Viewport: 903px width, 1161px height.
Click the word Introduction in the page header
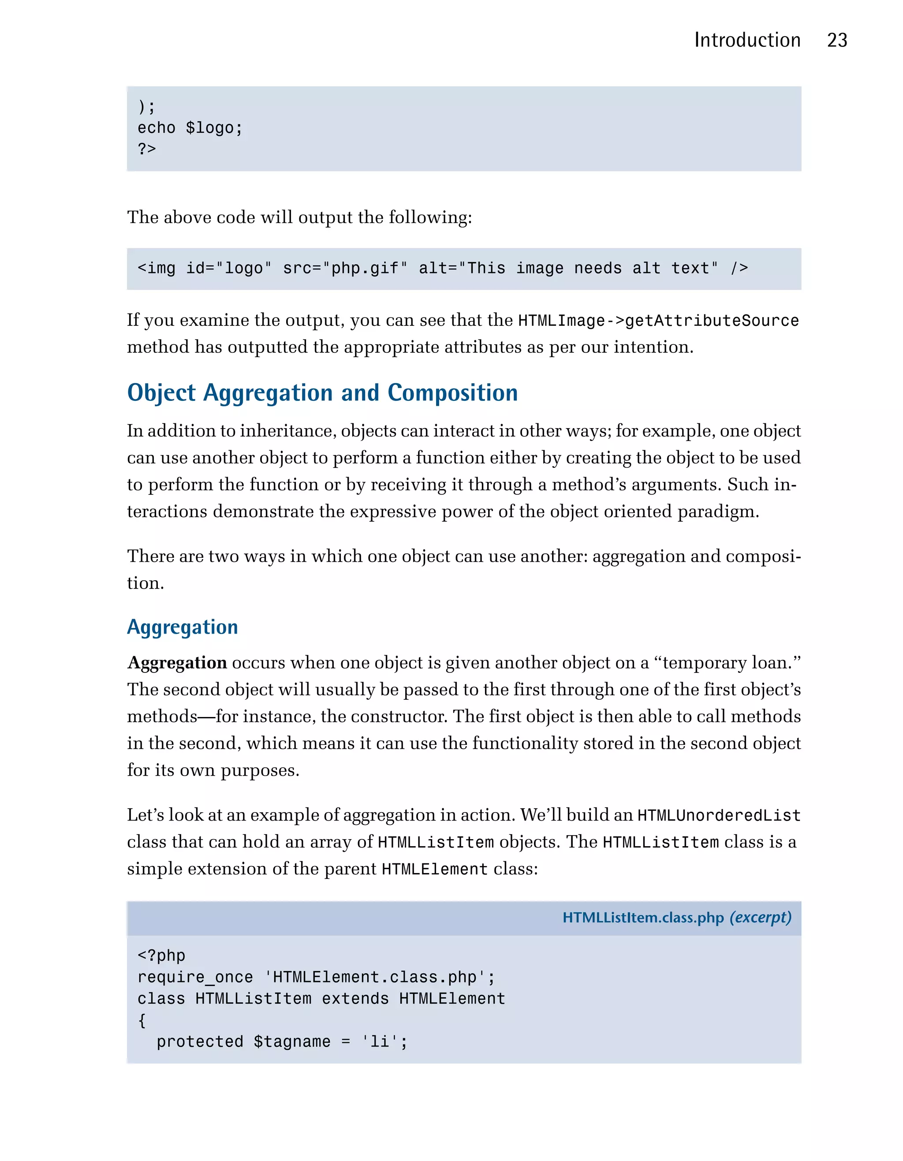click(747, 41)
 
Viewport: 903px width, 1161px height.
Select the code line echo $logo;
click(190, 128)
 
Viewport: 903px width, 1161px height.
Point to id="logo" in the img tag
click(228, 269)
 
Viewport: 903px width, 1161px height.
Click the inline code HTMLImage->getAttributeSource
click(658, 321)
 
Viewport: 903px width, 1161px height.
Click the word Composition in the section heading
click(452, 393)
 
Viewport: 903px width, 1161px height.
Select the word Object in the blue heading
click(161, 393)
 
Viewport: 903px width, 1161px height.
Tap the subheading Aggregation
click(182, 627)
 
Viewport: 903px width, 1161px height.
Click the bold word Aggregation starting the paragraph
click(177, 663)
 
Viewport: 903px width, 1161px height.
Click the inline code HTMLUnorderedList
click(719, 815)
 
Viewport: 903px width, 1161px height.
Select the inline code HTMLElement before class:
click(434, 869)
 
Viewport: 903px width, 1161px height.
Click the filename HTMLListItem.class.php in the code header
click(643, 918)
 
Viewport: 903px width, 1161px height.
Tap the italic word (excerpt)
click(760, 918)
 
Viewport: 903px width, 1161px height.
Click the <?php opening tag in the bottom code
click(161, 956)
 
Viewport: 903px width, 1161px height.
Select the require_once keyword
click(195, 977)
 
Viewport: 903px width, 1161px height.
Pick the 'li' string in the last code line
click(380, 1042)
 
